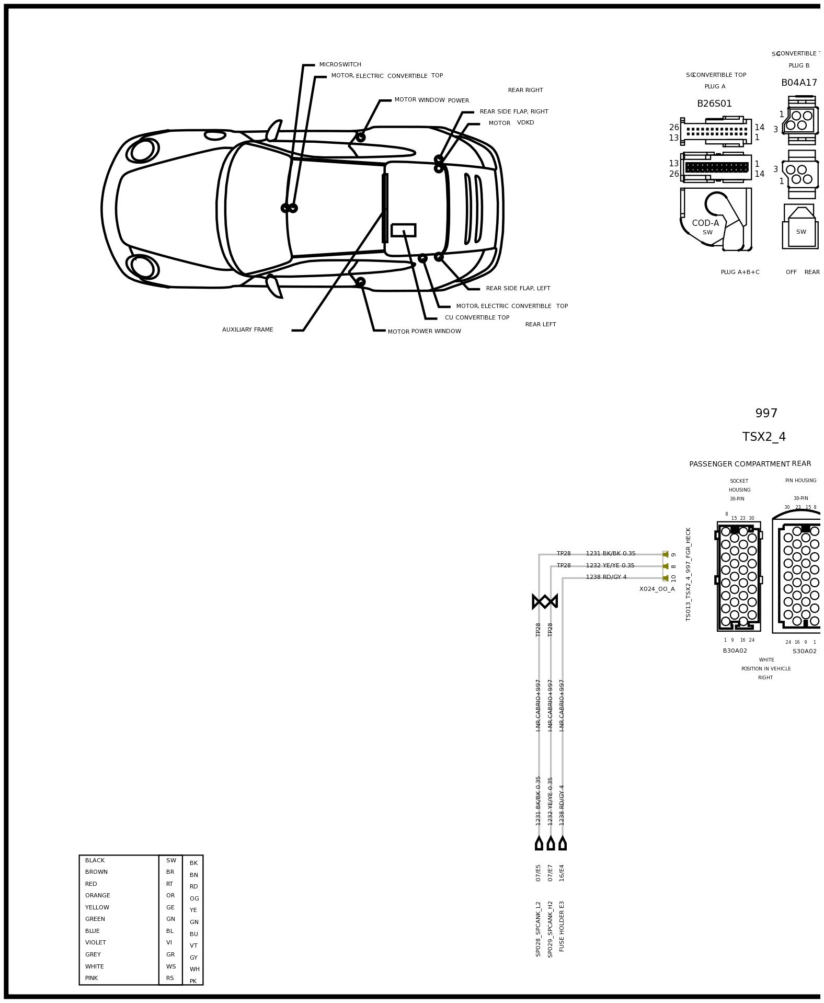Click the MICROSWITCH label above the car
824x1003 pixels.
point(340,65)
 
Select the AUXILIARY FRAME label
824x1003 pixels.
point(247,330)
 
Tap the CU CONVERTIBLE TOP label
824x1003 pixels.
point(477,318)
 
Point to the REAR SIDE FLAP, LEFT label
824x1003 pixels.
point(518,289)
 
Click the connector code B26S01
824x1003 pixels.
point(714,104)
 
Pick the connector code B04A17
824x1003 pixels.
point(798,83)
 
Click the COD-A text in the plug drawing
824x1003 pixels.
point(705,223)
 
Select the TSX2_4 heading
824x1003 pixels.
point(764,437)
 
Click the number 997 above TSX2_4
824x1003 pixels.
point(766,414)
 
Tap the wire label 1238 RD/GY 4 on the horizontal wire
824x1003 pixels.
point(606,577)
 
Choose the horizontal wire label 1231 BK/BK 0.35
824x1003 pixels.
point(610,554)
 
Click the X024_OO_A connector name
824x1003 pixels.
point(657,589)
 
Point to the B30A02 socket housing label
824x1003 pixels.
point(735,651)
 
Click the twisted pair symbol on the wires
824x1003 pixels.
point(545,601)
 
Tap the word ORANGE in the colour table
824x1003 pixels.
point(98,896)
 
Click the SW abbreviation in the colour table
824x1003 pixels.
point(171,861)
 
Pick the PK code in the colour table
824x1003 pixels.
point(193,982)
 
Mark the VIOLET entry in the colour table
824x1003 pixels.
point(96,943)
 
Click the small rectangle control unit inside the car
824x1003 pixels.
point(403,230)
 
